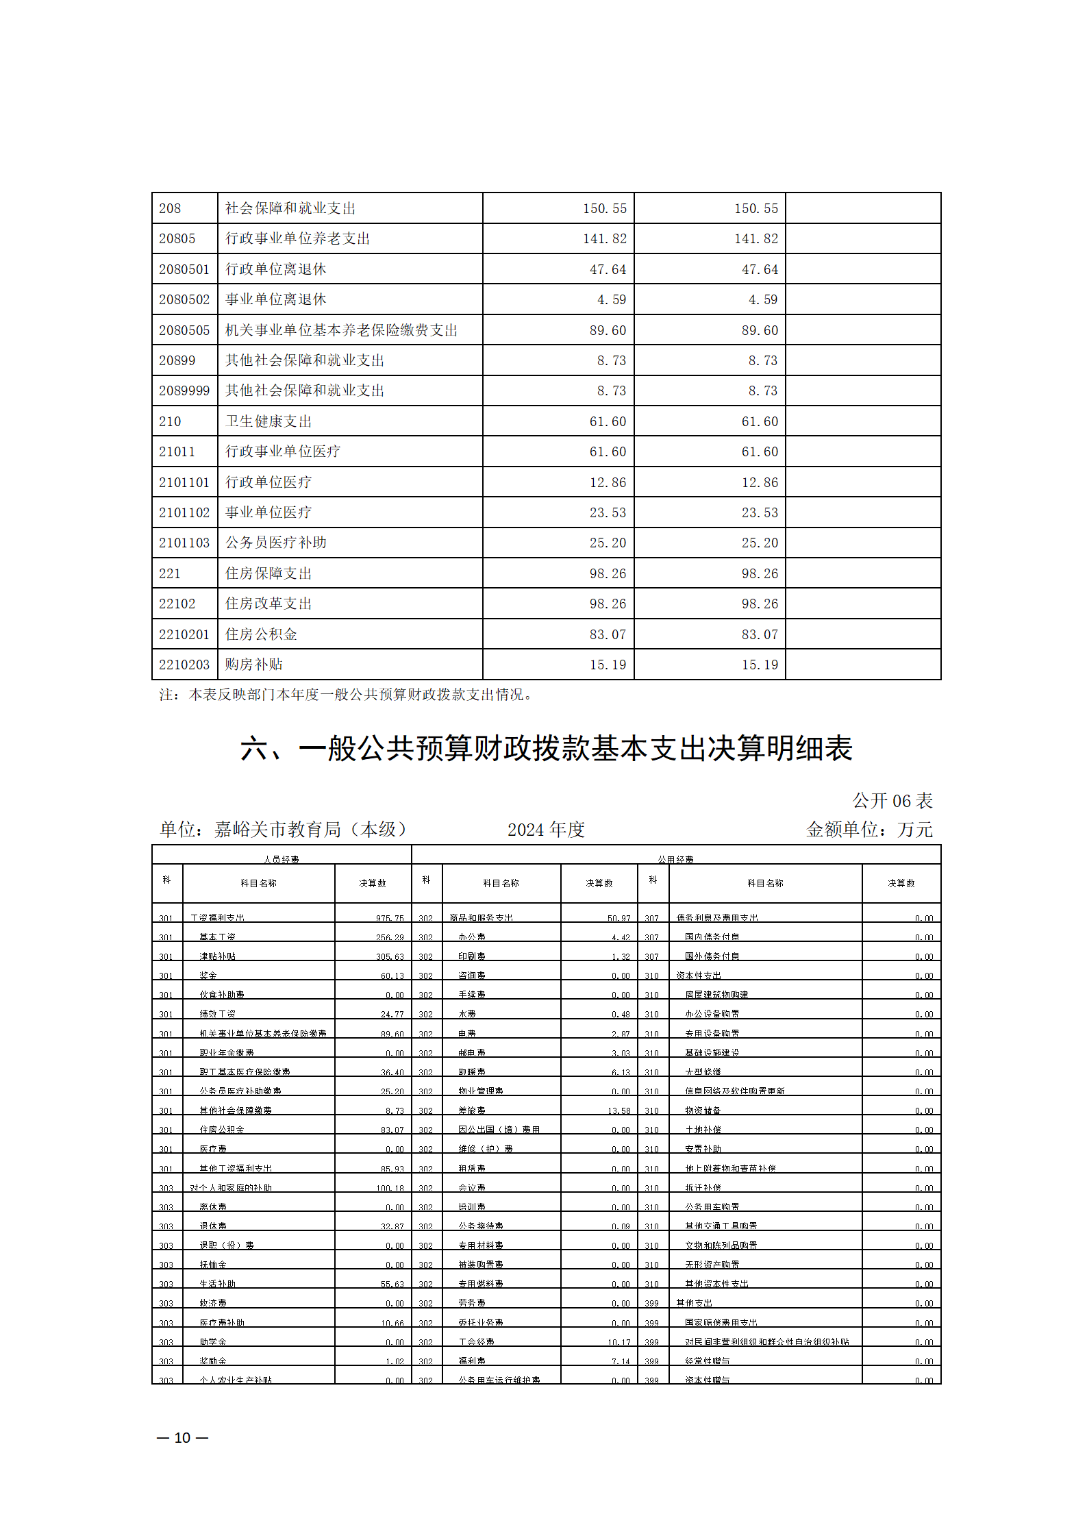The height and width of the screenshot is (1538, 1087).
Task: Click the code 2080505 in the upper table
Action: [184, 330]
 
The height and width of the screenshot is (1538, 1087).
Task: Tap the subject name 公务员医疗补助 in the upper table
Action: [276, 543]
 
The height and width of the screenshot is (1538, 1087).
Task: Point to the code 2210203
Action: [184, 665]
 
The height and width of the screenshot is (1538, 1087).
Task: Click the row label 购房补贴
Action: [254, 665]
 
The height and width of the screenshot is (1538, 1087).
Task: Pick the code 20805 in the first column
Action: [177, 238]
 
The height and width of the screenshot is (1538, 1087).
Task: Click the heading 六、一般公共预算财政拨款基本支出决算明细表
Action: [546, 748]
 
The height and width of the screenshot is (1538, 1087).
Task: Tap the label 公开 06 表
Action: [892, 800]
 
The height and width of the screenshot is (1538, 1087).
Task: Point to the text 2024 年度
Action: [546, 830]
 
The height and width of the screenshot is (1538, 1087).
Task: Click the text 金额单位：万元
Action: [869, 830]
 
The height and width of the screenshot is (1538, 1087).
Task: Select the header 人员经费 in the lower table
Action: [282, 859]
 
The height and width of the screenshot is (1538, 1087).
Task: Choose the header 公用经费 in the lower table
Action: [675, 859]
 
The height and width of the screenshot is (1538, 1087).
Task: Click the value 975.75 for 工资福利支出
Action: [390, 918]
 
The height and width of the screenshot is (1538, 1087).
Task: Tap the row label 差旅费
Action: [472, 1111]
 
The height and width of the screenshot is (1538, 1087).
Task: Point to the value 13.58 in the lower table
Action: [619, 1111]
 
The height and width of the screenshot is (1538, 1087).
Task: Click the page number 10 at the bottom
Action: [182, 1437]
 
